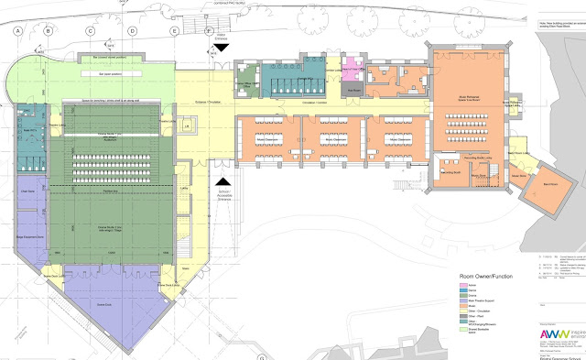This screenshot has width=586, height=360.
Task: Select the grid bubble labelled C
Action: (91, 30)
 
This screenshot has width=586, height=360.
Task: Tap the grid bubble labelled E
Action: (174, 30)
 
